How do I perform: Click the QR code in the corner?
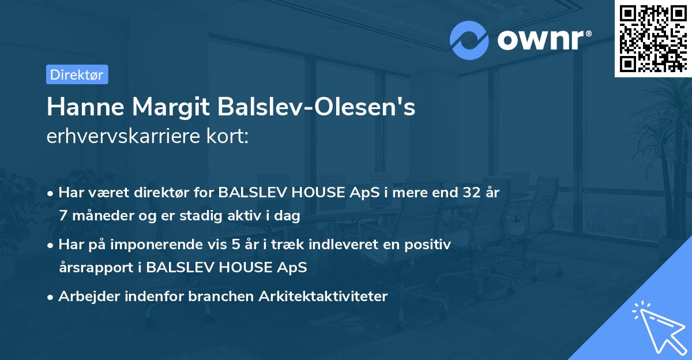(653, 38)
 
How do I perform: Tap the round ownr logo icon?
(470, 40)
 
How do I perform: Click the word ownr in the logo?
(543, 41)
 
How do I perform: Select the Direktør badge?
(77, 74)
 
